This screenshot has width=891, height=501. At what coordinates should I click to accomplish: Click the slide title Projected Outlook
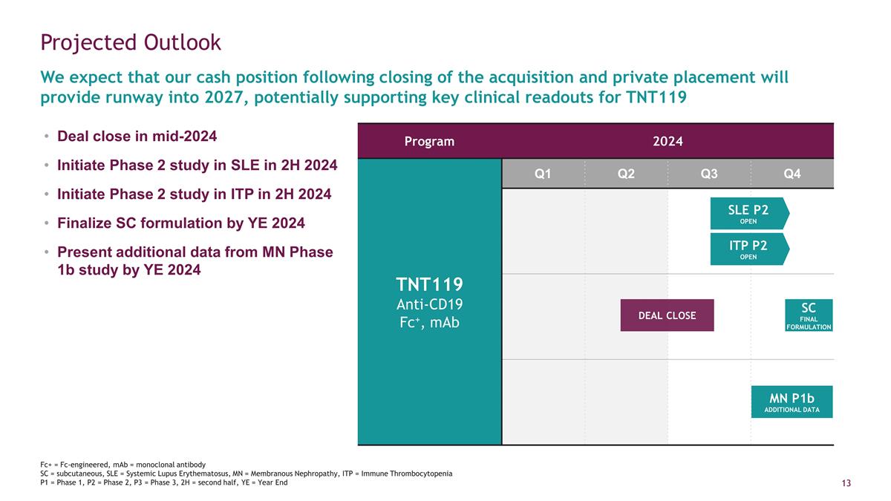point(131,42)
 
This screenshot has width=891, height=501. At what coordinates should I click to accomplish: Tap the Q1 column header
point(543,174)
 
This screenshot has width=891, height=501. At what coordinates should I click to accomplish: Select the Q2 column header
point(626,174)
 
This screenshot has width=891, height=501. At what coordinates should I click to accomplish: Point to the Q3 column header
point(709,174)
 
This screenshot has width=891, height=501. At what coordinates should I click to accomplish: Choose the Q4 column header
point(792,174)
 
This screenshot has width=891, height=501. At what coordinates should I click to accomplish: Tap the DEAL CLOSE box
point(667,315)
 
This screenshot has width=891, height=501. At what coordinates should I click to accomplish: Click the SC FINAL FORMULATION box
point(809,315)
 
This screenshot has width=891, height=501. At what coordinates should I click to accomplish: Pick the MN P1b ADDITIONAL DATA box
point(792,402)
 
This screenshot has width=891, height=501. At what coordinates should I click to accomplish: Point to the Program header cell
point(429,141)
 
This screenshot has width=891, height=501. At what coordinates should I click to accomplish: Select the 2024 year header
point(668,141)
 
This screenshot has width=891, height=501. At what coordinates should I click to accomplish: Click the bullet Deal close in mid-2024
point(137,137)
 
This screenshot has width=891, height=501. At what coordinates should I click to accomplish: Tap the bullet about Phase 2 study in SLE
point(197,166)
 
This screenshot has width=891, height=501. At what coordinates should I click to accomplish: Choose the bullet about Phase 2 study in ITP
point(194,194)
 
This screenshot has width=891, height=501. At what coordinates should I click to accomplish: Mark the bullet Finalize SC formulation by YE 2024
point(180,223)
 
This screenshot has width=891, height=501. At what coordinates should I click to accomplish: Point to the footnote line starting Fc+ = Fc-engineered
point(123,464)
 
